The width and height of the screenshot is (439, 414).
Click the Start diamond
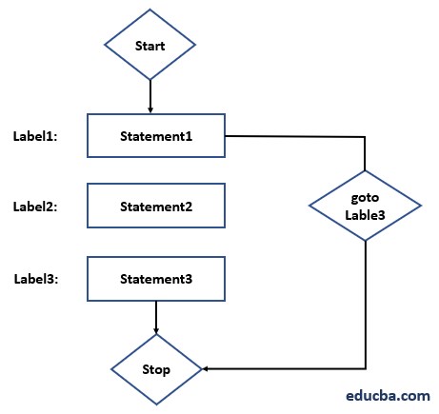[150, 45]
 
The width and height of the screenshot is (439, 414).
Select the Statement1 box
[156, 136]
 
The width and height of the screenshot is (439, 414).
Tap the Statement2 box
[156, 206]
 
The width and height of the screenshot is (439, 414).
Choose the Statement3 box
[156, 279]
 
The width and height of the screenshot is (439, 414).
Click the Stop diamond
[156, 367]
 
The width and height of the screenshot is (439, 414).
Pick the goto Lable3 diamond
[365, 205]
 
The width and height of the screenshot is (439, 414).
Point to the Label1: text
[35, 136]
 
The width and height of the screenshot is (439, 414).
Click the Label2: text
[35, 206]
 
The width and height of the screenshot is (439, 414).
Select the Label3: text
[35, 279]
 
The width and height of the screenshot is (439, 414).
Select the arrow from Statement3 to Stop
[156, 317]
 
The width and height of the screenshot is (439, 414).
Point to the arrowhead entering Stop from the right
[207, 367]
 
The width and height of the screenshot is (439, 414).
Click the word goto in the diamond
[365, 196]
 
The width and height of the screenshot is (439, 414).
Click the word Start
[150, 45]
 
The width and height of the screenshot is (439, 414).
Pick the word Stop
[156, 367]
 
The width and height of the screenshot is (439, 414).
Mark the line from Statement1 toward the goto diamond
[295, 137]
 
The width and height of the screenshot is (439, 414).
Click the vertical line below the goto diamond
[365, 305]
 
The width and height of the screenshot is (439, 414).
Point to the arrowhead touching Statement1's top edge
[150, 110]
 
